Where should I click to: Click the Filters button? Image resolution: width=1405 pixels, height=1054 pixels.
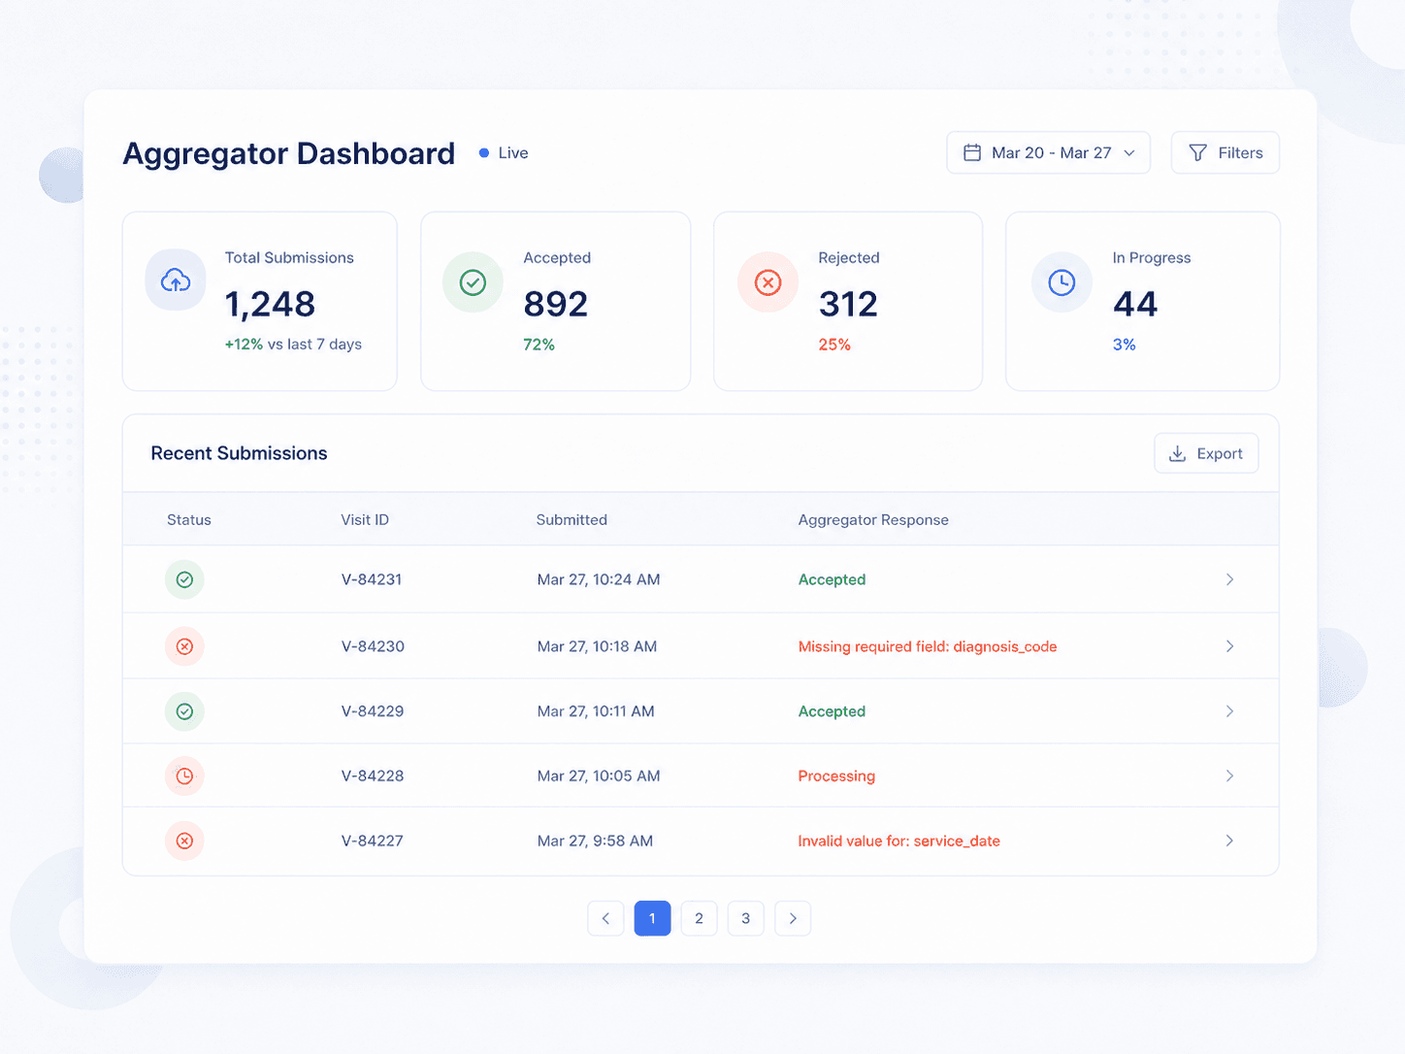tap(1225, 152)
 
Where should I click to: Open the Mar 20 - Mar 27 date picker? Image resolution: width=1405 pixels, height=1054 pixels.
tap(1049, 152)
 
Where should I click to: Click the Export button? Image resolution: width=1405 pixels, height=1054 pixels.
tap(1206, 453)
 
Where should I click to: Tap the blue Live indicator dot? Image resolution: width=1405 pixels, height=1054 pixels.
tap(484, 152)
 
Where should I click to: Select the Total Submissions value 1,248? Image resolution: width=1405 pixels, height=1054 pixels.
tap(270, 304)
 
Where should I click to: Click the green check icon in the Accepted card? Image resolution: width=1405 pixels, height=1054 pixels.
tap(473, 282)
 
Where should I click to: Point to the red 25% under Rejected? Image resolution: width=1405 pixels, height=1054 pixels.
tap(834, 345)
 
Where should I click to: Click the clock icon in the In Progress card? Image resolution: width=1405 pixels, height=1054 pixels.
tap(1062, 282)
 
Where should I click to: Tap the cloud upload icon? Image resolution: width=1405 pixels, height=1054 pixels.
tap(176, 280)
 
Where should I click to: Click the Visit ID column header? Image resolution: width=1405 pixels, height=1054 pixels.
tap(365, 519)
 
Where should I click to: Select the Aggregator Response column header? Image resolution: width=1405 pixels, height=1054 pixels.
tap(873, 519)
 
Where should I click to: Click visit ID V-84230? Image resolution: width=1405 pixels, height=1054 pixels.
tap(373, 646)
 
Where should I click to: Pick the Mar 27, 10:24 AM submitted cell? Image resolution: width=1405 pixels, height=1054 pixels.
tap(599, 579)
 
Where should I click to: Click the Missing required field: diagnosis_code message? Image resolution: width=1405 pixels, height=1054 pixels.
tap(928, 646)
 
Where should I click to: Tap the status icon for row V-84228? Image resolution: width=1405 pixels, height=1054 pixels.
tap(184, 775)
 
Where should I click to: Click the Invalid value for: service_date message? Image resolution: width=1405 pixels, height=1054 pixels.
tap(899, 840)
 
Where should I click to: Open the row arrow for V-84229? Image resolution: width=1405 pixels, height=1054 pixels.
tap(1229, 711)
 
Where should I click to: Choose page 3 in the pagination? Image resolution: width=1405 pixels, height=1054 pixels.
tap(746, 918)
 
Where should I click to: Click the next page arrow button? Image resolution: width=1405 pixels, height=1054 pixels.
tap(793, 918)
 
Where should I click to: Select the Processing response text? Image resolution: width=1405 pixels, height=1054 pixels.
tap(836, 775)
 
